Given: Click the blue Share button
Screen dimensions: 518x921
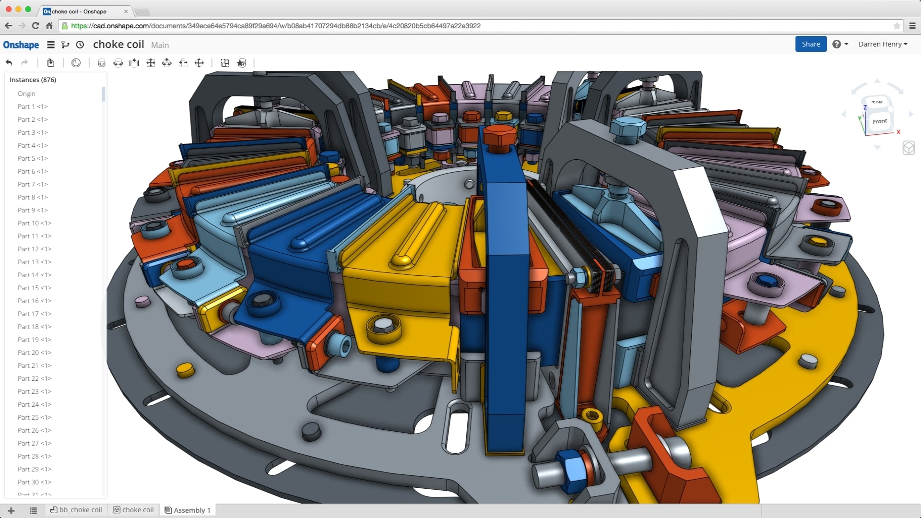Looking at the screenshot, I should [x=811, y=44].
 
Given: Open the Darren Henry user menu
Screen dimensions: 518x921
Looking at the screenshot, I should [x=882, y=44].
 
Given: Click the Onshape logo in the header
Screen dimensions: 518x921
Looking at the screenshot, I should [x=21, y=45].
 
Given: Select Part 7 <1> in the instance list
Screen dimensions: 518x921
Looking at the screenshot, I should [x=33, y=184].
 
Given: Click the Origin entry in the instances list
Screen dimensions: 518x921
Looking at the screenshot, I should [x=26, y=94].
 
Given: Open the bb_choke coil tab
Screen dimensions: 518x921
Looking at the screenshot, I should [x=77, y=510].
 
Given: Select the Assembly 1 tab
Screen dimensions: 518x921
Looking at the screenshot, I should [x=188, y=510].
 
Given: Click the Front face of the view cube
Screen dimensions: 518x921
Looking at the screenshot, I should [x=879, y=121].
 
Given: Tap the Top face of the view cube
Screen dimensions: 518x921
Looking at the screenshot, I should [x=877, y=102].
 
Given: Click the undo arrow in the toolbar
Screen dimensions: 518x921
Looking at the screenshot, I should [x=9, y=63].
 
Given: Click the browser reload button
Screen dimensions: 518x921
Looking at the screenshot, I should [x=35, y=26].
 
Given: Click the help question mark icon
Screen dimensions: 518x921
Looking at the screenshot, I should [x=837, y=44].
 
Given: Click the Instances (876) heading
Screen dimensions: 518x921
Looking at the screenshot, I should [x=33, y=80].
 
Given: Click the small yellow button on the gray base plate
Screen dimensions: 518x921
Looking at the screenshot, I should [x=185, y=369].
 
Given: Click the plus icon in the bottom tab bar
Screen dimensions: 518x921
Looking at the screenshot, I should [x=12, y=510].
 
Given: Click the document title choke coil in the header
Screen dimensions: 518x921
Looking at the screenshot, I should [x=118, y=44].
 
